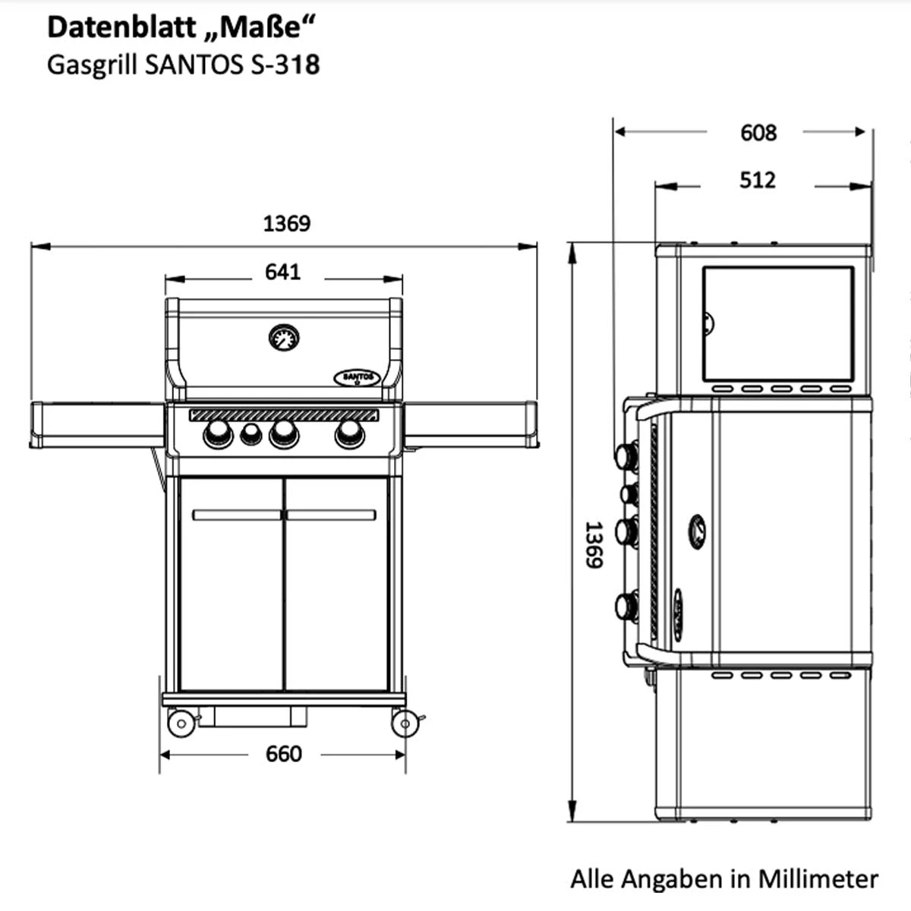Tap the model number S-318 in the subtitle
285,65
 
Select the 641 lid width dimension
282,272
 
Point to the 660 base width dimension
283,754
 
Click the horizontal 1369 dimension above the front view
286,223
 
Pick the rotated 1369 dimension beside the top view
593,544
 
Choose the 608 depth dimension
758,133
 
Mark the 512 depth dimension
757,181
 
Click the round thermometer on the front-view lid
284,337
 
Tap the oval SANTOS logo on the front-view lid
357,377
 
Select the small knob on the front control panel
251,434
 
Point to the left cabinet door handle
237,515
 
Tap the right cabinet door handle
331,515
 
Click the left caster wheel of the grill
181,723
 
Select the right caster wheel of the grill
405,723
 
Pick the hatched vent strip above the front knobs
283,415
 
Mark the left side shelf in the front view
97,425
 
